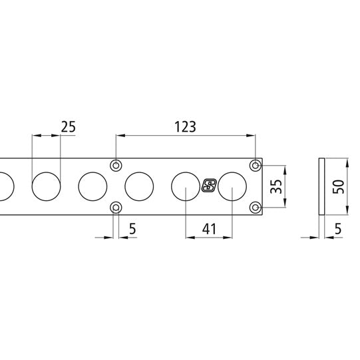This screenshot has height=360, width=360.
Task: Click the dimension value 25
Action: point(69,126)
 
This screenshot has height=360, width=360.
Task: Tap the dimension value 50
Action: point(339,186)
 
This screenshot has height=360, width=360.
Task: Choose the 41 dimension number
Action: point(210,229)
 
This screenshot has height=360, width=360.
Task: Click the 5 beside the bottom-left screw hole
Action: point(132,229)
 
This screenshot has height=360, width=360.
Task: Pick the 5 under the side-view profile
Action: point(338,229)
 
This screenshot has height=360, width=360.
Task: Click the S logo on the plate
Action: point(209,186)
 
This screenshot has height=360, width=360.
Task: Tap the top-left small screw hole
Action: point(116,164)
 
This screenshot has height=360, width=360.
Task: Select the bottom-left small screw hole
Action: point(116,208)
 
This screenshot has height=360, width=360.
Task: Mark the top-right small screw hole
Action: point(256,164)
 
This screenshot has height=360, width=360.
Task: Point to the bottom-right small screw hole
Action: point(256,208)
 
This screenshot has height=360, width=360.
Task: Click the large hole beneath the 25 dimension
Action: point(47,186)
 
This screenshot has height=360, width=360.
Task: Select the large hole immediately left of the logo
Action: point(186,186)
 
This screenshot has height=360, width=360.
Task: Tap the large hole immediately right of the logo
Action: point(232,186)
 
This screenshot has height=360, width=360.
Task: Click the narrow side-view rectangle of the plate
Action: point(321,186)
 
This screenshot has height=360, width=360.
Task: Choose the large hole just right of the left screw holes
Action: point(139,186)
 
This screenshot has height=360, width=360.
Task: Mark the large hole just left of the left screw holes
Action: point(92,186)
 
